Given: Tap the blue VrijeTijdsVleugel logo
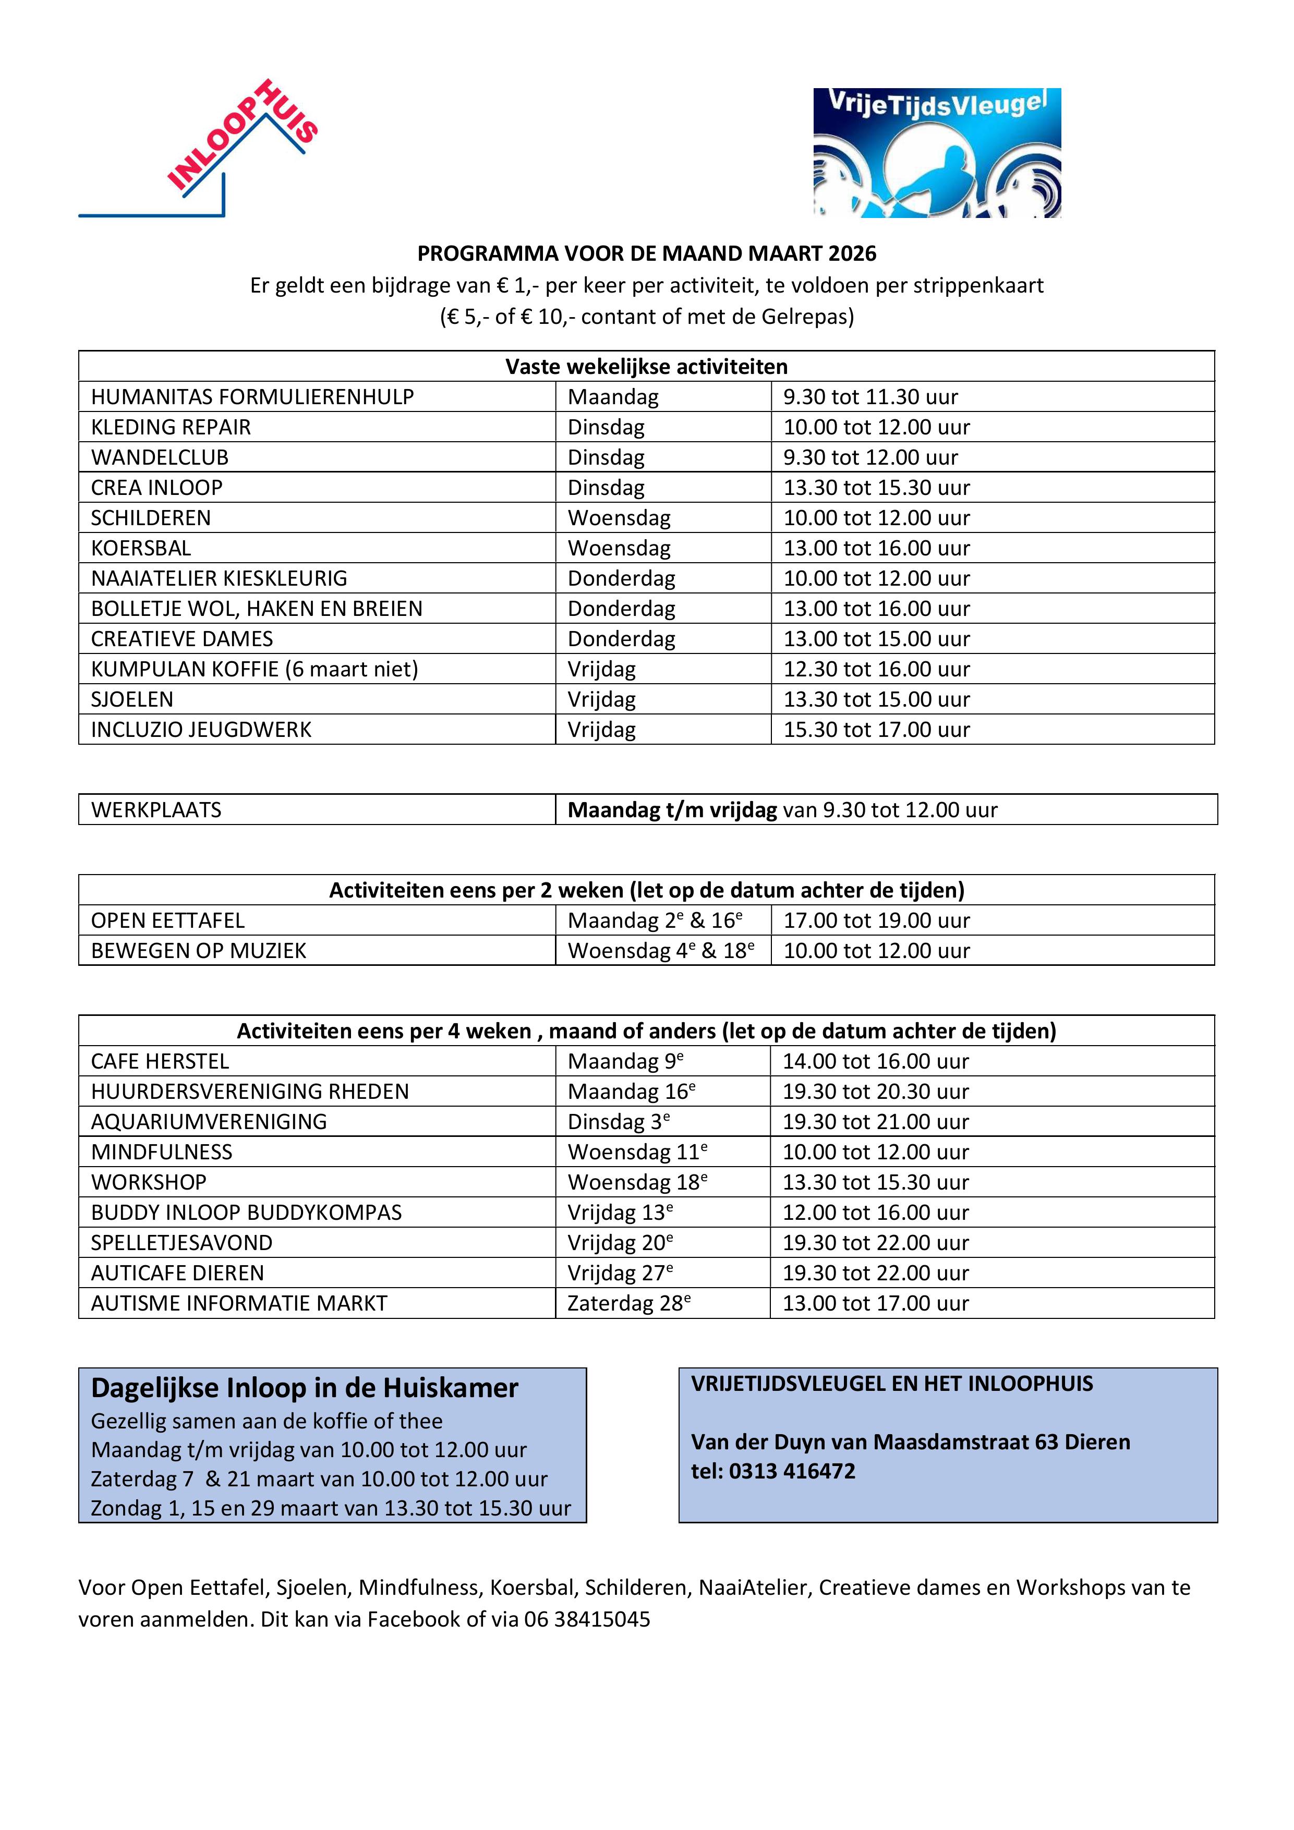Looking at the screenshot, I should point(936,153).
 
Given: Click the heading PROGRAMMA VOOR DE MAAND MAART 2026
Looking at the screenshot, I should point(647,253).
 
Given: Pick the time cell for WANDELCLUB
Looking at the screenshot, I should point(870,457).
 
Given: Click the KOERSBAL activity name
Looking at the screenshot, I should point(141,548).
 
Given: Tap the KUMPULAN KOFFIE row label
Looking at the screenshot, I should point(255,670).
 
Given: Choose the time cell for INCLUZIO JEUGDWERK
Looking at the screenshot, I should point(876,730).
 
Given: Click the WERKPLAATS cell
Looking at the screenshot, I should point(156,810).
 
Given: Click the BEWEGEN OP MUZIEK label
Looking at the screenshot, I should point(199,951).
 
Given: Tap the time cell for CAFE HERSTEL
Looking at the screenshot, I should point(875,1062).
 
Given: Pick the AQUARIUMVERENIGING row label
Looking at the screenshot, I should point(209,1122).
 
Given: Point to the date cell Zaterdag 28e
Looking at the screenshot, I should point(628,1304).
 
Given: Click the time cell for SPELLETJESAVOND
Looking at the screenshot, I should point(875,1243).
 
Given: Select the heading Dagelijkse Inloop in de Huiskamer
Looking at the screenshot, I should point(305,1388).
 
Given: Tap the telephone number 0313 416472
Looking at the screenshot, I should point(792,1471).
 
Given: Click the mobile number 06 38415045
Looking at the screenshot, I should point(587,1620).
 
